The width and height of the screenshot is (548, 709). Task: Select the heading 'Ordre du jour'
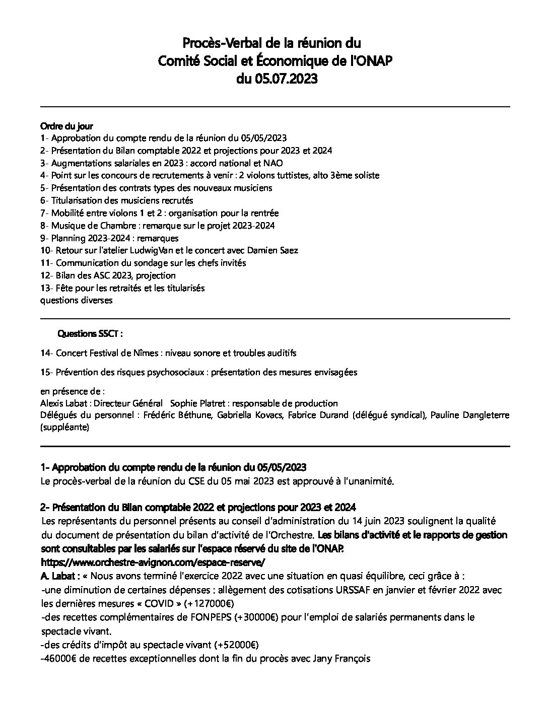[66, 126]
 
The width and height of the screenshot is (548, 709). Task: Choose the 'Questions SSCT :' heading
[91, 333]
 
